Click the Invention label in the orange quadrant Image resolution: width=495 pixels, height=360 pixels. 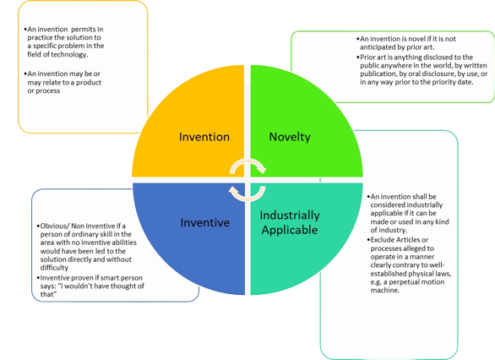tap(204, 137)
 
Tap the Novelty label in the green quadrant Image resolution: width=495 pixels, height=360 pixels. tap(290, 137)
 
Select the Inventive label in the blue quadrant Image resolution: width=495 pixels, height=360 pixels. tap(205, 222)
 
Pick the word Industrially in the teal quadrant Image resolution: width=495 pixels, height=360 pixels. tap(290, 215)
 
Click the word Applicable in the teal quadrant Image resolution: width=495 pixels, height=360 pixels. tap(290, 230)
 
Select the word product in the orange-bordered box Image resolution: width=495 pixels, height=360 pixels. tap(89, 83)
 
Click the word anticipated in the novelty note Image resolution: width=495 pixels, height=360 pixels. tap(377, 47)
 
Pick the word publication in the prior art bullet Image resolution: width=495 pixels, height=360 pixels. tap(377, 74)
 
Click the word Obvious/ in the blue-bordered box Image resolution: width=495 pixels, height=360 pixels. tap(55, 226)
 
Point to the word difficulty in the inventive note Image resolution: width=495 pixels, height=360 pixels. tap(54, 268)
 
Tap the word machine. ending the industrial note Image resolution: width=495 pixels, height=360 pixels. tap(385, 290)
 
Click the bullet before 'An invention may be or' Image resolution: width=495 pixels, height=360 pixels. tap(25, 74)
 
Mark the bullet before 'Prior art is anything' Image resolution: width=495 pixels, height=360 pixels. tap(358, 57)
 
